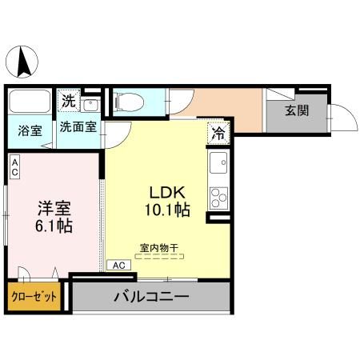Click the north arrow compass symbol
tap(22, 62)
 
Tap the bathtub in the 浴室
tap(30, 101)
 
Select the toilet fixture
tap(129, 102)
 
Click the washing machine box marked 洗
tap(69, 101)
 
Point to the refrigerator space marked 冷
tap(218, 134)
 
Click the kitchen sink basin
tap(219, 162)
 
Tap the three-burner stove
tap(219, 198)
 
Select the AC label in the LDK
tap(119, 266)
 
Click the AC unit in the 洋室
tap(15, 167)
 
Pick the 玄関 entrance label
tap(297, 110)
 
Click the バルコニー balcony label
tap(151, 297)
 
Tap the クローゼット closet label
tap(34, 297)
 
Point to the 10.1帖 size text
tap(167, 210)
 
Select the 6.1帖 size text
tap(54, 226)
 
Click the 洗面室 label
tap(78, 127)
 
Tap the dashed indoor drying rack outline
tap(159, 257)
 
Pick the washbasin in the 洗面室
tap(90, 106)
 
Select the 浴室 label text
tap(30, 131)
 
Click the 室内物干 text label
tap(159, 248)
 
